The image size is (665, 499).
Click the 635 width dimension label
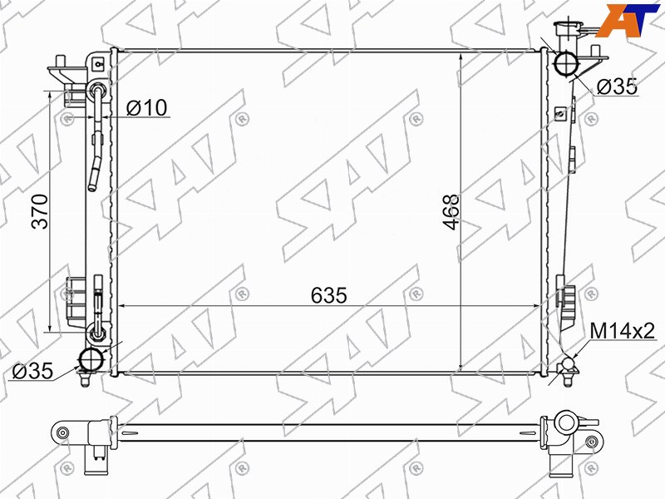(328, 295)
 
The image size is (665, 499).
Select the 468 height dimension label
(451, 212)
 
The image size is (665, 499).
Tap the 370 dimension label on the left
(40, 211)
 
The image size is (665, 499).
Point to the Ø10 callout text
(147, 108)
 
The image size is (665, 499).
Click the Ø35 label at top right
(617, 87)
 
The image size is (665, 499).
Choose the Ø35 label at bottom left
(32, 371)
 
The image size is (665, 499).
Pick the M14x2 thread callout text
(623, 330)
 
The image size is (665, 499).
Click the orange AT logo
(627, 19)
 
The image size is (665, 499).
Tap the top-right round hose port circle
(566, 63)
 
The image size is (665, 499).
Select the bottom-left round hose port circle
(92, 360)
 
